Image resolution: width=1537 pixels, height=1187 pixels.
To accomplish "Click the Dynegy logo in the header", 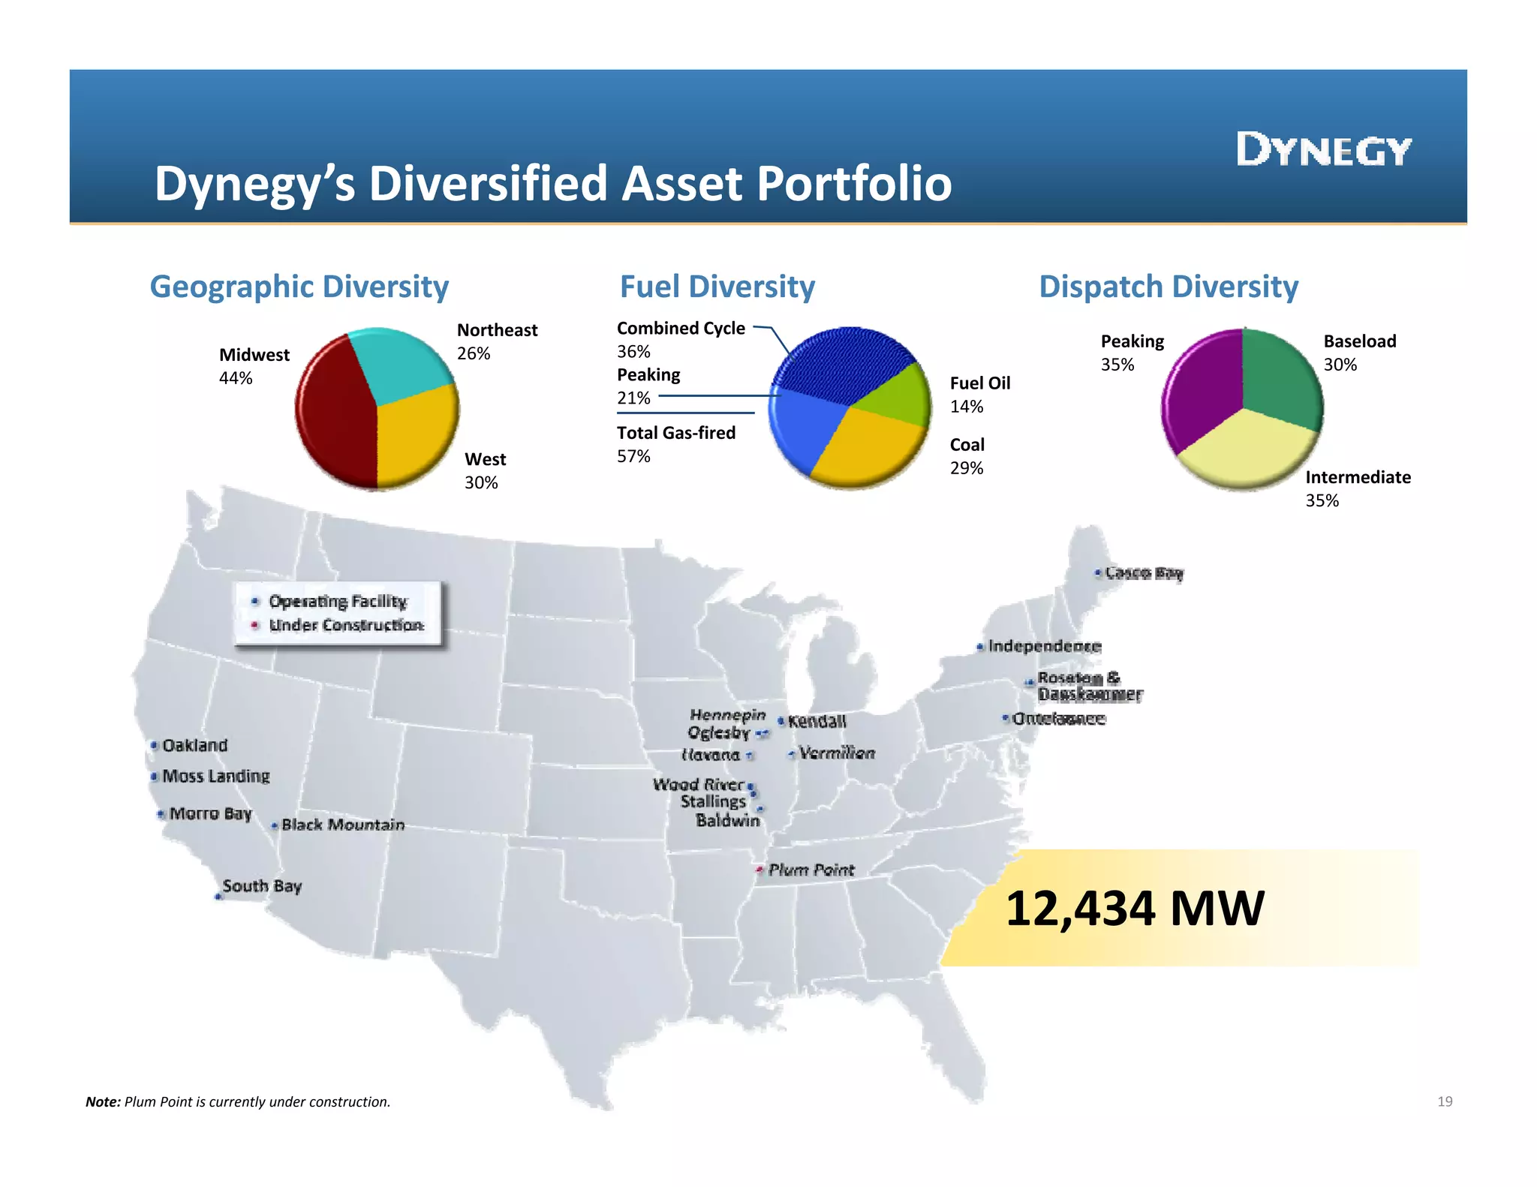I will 1324,149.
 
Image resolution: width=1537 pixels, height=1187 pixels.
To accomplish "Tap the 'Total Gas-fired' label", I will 675,433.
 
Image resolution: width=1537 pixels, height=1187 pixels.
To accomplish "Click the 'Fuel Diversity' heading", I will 717,287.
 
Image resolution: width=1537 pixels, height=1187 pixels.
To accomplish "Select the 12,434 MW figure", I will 1134,909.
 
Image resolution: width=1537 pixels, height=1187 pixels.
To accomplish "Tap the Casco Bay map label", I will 1144,573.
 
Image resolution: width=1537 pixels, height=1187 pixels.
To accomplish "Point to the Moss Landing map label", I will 215,776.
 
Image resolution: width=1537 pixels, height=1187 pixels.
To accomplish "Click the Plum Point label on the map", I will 811,870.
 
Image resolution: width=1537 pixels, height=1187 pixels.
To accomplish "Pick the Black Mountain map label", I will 342,825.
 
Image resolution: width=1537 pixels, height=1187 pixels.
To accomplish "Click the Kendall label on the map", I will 817,721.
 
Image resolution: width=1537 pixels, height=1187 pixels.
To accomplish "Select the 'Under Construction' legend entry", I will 345,625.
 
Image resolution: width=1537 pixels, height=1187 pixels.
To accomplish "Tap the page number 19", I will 1445,1101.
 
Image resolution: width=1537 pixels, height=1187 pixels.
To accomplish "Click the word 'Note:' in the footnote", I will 103,1101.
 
